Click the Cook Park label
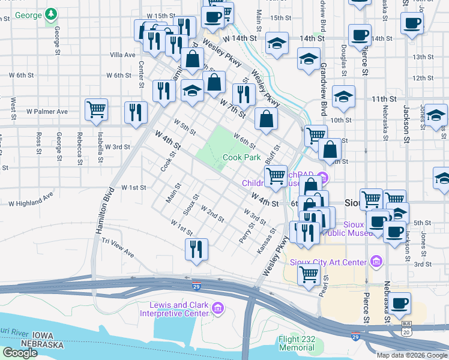coord(241,158)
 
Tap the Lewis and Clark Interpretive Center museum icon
coord(218,309)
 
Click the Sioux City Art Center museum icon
coord(376,261)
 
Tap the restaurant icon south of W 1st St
coord(196,250)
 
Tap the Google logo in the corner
coord(20,352)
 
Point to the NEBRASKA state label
coord(42,344)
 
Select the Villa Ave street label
coord(122,55)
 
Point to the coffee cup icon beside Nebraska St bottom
coord(399,304)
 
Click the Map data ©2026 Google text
coord(412,355)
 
